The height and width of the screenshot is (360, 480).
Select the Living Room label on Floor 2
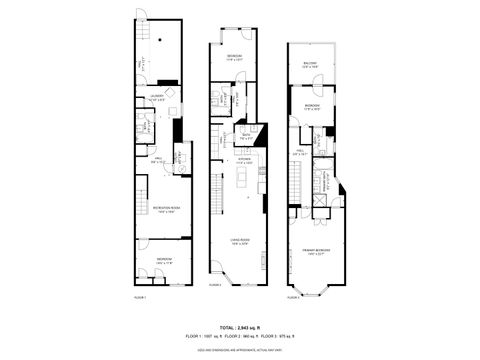click(x=239, y=241)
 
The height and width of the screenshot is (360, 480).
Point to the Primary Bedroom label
click(x=314, y=251)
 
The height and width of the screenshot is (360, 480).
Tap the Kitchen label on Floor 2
click(x=242, y=160)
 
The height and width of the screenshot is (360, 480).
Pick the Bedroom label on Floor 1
click(x=163, y=261)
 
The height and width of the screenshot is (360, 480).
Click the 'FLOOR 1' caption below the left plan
click(x=140, y=297)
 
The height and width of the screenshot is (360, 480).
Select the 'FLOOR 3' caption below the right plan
click(x=292, y=297)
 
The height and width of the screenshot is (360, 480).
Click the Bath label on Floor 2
click(x=244, y=136)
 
